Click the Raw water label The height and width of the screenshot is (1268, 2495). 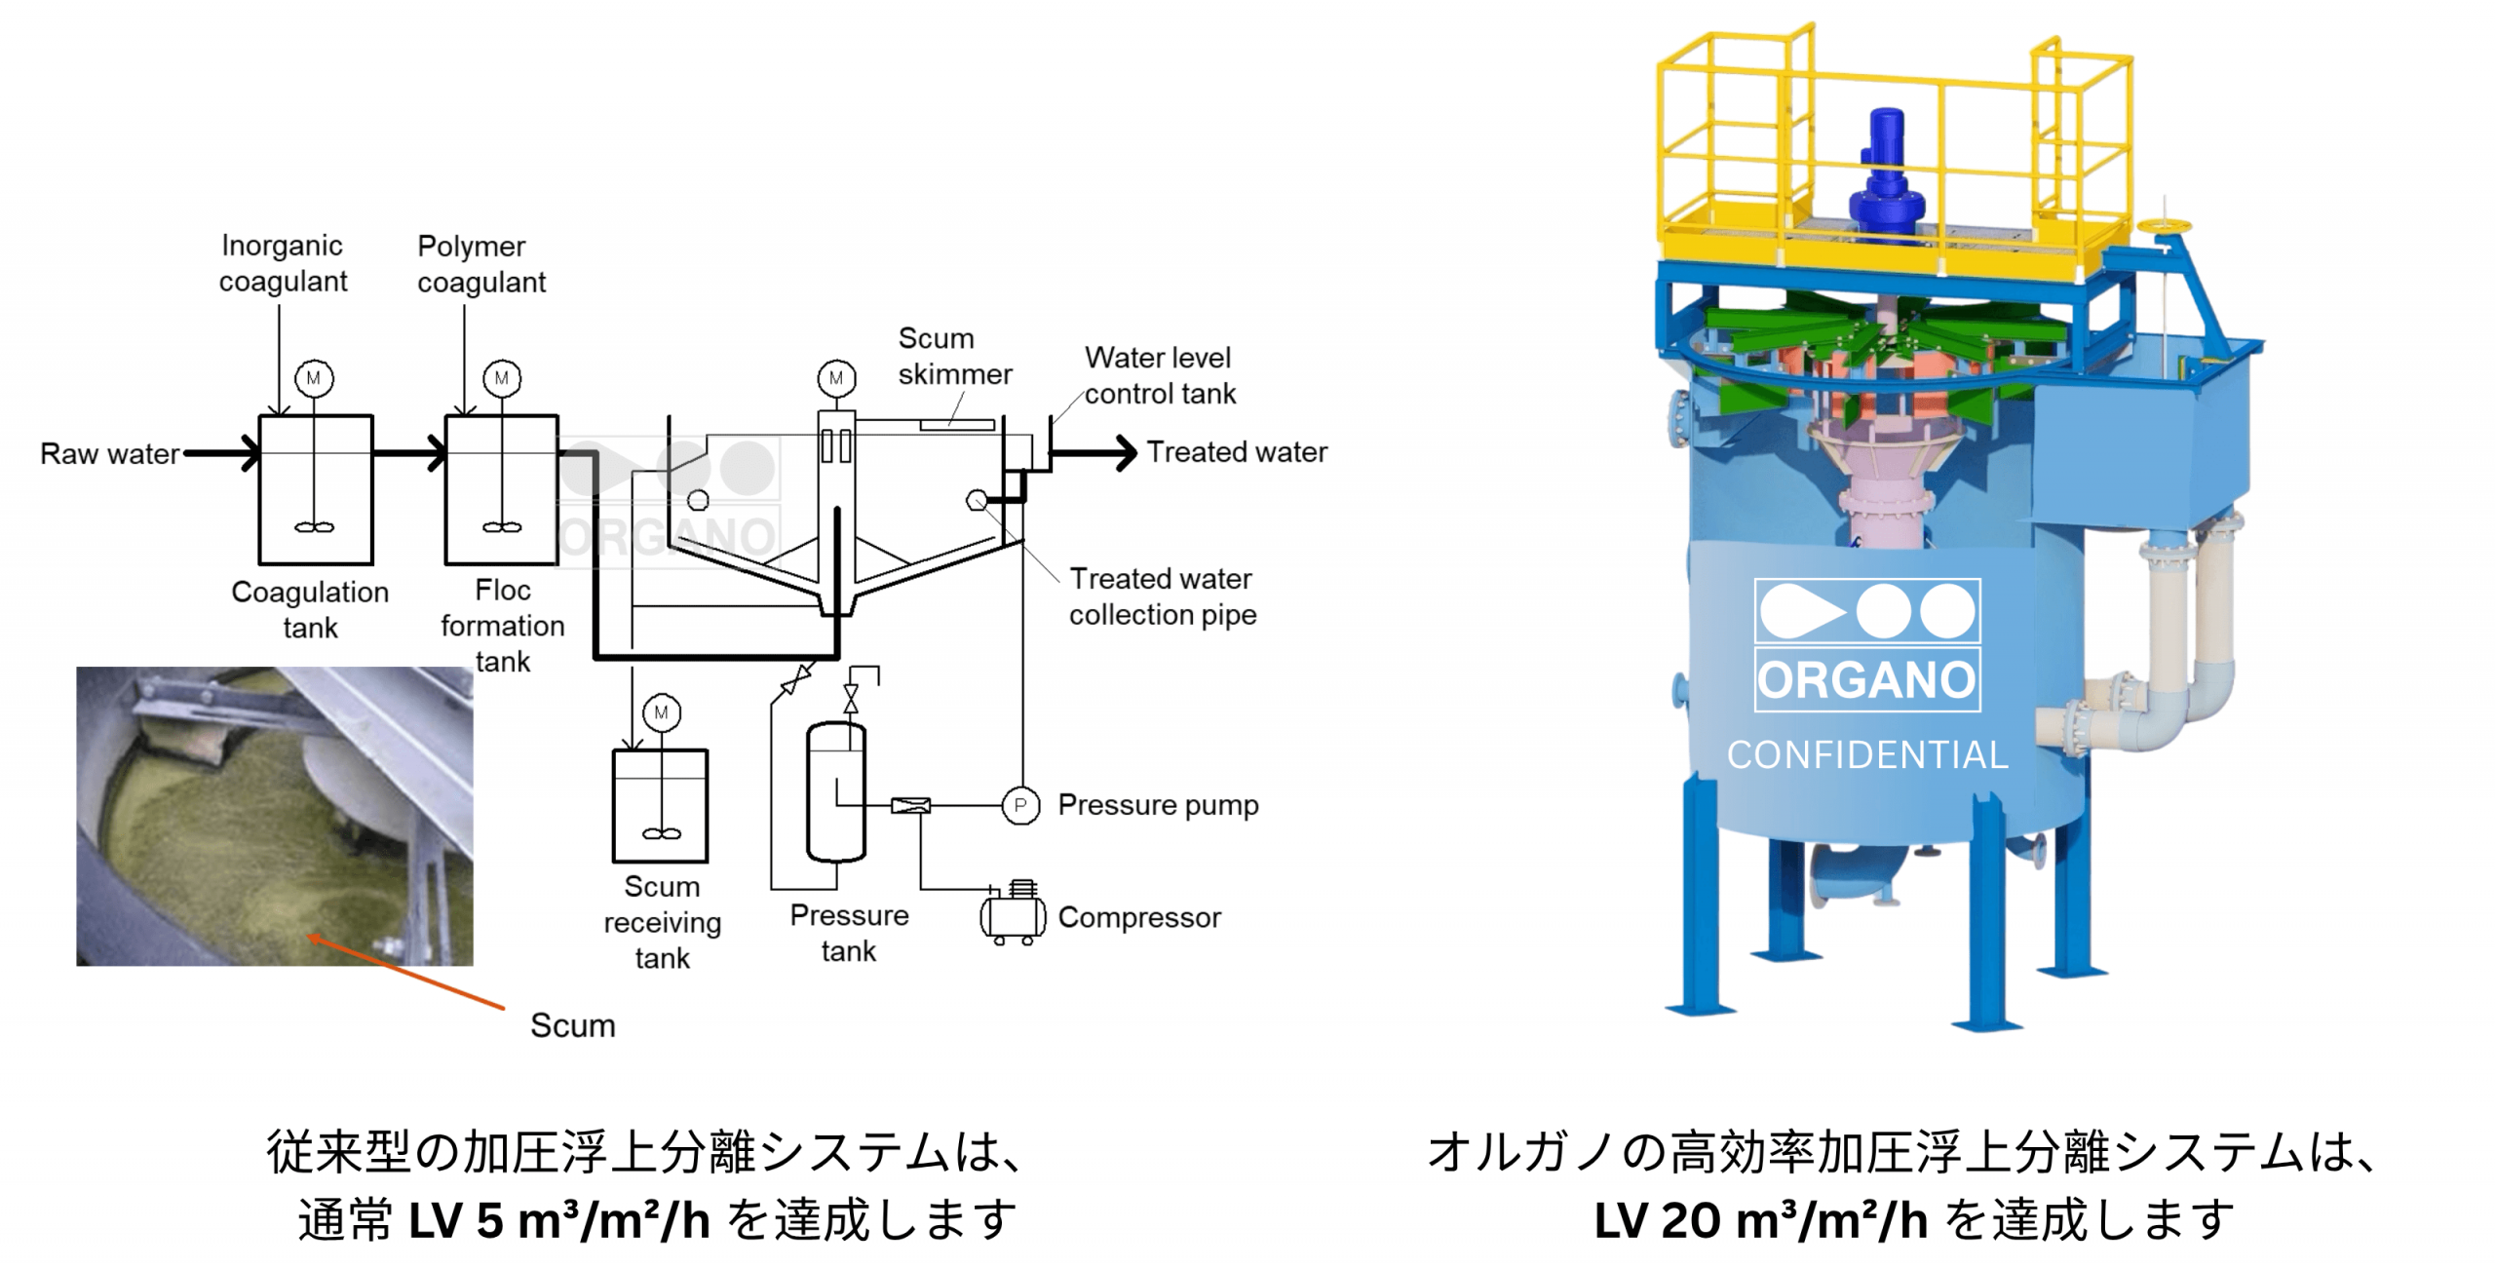(x=109, y=454)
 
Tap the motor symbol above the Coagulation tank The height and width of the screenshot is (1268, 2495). (x=314, y=378)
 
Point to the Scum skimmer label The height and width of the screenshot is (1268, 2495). (x=954, y=356)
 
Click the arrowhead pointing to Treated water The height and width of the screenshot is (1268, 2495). (x=1127, y=452)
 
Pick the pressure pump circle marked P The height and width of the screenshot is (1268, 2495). (x=1020, y=805)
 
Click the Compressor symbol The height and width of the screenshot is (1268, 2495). (x=1013, y=914)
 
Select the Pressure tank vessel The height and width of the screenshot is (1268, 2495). (x=836, y=791)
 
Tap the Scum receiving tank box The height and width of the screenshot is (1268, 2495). (x=660, y=805)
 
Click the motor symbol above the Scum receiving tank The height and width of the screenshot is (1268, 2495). (x=662, y=712)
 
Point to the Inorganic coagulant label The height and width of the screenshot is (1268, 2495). (x=283, y=263)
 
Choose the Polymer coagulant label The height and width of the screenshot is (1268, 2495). (x=481, y=264)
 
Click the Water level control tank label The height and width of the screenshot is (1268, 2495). (x=1159, y=375)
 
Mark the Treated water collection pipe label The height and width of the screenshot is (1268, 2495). (x=1162, y=596)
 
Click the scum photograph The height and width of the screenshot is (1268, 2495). (x=275, y=816)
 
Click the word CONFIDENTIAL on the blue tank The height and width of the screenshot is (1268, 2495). (x=1867, y=755)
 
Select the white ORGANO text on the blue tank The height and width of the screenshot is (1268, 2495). (x=1867, y=679)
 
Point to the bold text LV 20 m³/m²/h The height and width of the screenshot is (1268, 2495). (x=1761, y=1220)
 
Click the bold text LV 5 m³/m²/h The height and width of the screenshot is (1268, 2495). (x=558, y=1220)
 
